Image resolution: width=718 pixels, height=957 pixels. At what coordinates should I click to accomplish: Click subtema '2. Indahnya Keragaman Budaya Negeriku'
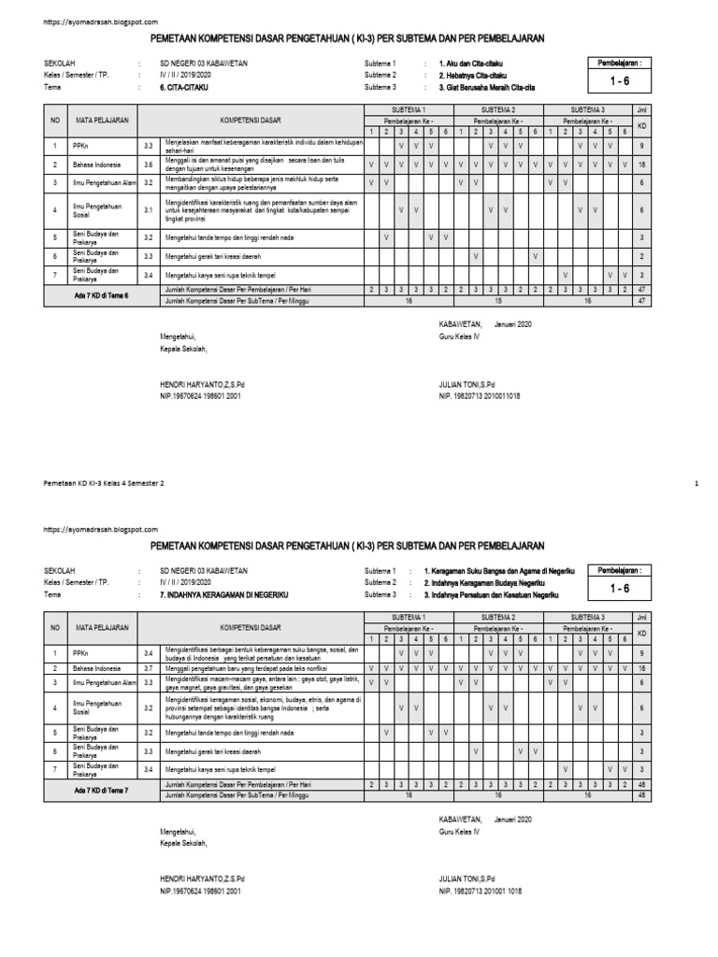coord(492,581)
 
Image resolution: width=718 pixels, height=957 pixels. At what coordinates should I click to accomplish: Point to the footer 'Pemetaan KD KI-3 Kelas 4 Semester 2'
coord(104,483)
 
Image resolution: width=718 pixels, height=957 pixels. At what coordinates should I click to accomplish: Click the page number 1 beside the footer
coord(697,483)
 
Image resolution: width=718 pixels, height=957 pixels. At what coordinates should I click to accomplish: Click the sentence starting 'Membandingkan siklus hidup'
coord(248,182)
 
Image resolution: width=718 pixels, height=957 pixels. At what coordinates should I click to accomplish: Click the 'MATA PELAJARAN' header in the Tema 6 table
coord(103,121)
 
